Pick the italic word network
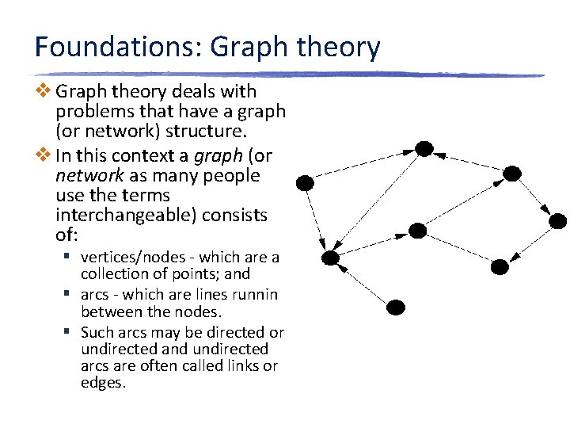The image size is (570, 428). coord(89,174)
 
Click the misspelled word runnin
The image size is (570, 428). coord(254,295)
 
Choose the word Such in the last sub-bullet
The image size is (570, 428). coord(97,333)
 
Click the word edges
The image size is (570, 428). coord(103,384)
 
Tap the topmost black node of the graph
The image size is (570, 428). coord(424,148)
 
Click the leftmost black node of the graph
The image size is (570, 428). coord(305,183)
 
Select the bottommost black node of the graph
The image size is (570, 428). coord(396,307)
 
